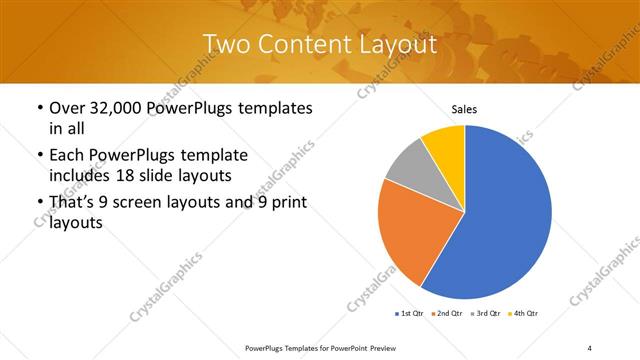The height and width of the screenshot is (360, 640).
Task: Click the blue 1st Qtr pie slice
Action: click(x=505, y=215)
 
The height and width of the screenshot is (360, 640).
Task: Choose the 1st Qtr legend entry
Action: click(x=410, y=314)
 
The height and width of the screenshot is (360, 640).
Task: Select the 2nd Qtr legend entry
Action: click(x=446, y=314)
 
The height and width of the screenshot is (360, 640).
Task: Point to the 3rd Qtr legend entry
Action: click(x=484, y=314)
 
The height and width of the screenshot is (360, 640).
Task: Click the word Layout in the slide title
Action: click(x=399, y=44)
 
